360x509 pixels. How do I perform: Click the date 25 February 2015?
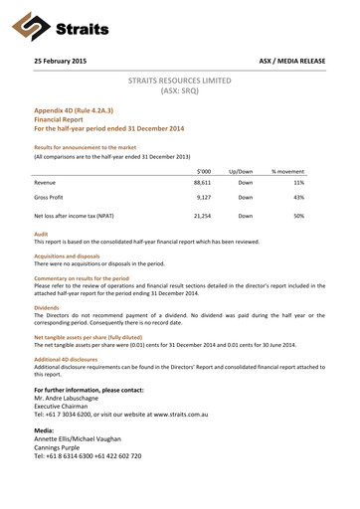click(60, 62)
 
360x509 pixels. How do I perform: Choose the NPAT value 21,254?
click(202, 215)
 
